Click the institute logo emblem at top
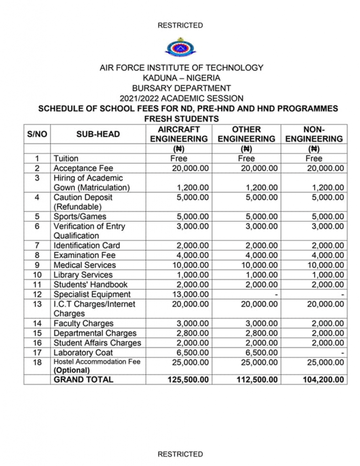coord(180,47)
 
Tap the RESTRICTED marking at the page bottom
coord(180,454)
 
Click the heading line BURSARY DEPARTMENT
coord(181,88)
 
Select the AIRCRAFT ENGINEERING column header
coord(179,134)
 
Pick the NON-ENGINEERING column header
coord(314,134)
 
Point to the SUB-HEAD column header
coord(98,134)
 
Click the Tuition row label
coord(66,158)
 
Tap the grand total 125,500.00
coord(188,380)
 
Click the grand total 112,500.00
coord(257,380)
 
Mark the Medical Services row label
coord(85,265)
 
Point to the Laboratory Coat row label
coord(83,352)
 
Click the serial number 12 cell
coord(37,294)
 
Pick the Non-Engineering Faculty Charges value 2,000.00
coord(326,324)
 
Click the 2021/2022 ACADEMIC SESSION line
coord(181,98)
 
